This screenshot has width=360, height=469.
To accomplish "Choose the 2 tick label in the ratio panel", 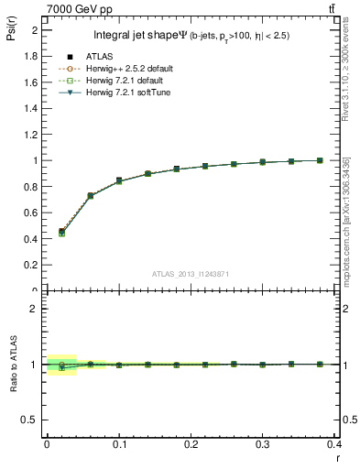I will point(36,309).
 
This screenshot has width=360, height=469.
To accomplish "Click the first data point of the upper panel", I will point(61,232).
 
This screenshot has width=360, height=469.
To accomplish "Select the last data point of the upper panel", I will point(320,160).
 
